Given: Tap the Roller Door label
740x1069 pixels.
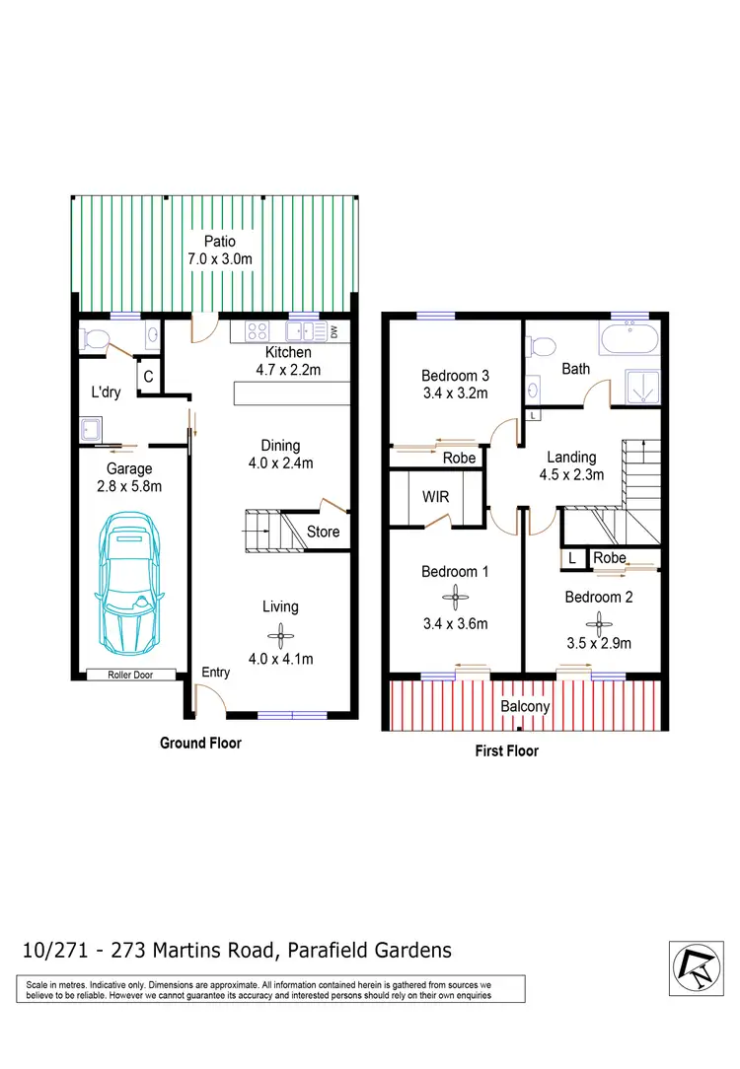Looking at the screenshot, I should click(130, 676).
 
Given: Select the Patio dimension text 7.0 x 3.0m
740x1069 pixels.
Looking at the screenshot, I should click(219, 259).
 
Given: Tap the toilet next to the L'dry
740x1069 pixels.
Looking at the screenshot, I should click(96, 339).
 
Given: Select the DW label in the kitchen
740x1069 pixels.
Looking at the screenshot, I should click(333, 332).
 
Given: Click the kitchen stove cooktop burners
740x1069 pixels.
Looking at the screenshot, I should click(258, 332).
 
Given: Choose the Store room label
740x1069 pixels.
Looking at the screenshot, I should click(324, 532).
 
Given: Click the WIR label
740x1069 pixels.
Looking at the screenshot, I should click(435, 497).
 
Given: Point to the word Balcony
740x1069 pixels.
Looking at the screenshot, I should click(525, 707).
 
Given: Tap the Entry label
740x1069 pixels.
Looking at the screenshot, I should click(215, 673).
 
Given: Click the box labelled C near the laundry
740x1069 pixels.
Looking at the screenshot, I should click(148, 376).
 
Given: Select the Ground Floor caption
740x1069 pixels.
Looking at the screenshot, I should click(200, 743).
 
